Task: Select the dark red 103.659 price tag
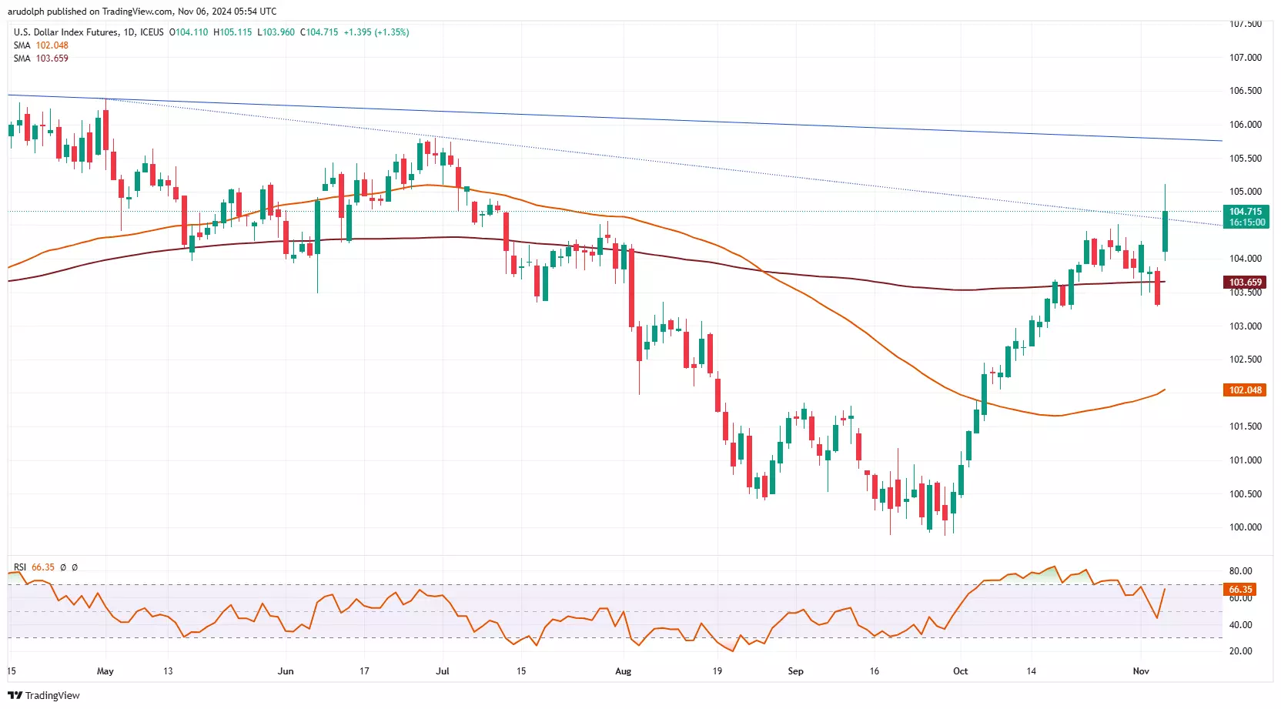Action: [1245, 283]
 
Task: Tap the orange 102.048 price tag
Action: [1245, 390]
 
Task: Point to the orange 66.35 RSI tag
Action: [1239, 590]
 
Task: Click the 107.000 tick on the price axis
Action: [1245, 58]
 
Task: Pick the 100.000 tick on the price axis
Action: [1245, 527]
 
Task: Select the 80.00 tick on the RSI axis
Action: [1240, 571]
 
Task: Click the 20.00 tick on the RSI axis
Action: [1240, 651]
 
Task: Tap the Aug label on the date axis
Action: [623, 671]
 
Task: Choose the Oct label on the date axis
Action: [960, 671]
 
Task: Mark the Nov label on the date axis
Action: [1141, 671]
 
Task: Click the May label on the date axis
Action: [105, 671]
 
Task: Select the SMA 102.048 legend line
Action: [41, 45]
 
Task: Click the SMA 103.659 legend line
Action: [41, 59]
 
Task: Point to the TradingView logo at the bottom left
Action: [44, 695]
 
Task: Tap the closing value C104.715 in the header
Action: [319, 32]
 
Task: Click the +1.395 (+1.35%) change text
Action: [376, 32]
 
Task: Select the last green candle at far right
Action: [1165, 231]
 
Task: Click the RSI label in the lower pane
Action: [20, 567]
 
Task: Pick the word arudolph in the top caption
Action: [26, 12]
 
